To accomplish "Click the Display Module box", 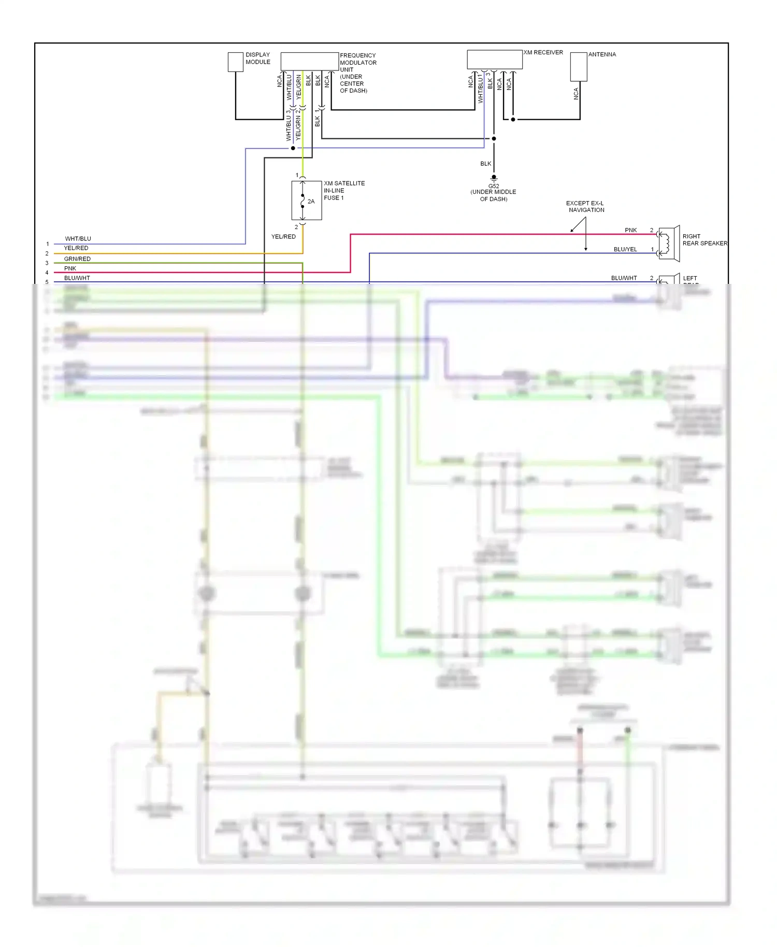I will (x=236, y=62).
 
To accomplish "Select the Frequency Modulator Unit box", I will (x=309, y=61).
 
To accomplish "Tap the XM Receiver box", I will (x=494, y=59).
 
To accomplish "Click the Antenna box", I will (x=579, y=66).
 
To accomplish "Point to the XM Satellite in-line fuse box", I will (x=306, y=200).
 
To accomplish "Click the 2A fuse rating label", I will (x=311, y=202).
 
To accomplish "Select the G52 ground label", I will (x=493, y=186).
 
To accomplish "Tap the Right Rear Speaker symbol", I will (x=669, y=242).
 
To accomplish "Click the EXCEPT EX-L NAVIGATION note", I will (x=585, y=206).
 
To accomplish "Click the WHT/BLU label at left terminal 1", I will (x=78, y=239).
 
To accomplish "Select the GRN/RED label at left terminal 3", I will (x=77, y=259).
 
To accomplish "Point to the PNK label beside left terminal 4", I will (x=70, y=268).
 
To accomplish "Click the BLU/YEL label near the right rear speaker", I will (x=625, y=249).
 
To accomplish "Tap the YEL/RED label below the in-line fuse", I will (x=283, y=237).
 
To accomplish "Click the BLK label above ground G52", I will (x=485, y=164).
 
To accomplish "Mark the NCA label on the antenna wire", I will (x=575, y=94).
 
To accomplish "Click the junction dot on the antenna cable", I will (x=513, y=120).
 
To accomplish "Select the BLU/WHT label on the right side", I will (x=624, y=278).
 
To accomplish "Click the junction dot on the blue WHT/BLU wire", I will (x=293, y=148).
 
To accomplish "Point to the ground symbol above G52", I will (x=494, y=178).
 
